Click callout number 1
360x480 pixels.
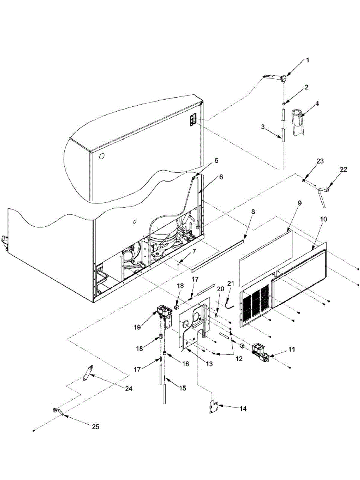tap(308, 60)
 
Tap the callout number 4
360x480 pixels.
tap(317, 103)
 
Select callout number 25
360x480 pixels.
tap(95, 427)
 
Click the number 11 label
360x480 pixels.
tap(292, 349)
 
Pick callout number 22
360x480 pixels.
tap(344, 170)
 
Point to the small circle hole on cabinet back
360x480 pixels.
tap(101, 155)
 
